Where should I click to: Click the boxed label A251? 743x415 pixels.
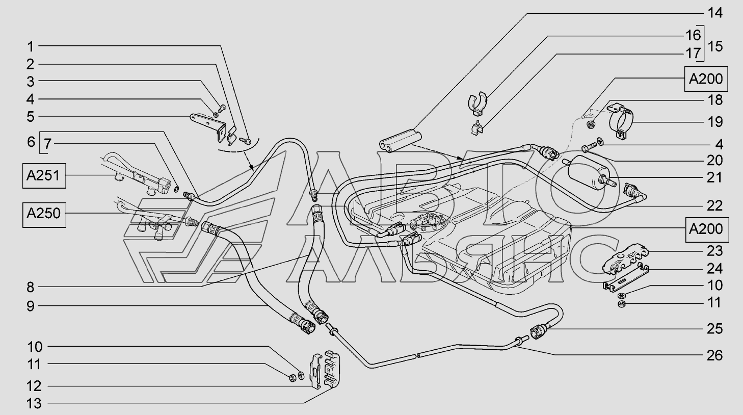(x=43, y=176)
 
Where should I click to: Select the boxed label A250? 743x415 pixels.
(x=43, y=214)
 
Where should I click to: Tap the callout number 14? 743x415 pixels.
(x=715, y=13)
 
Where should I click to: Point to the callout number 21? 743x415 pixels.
(x=715, y=177)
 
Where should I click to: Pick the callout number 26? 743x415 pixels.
(x=715, y=355)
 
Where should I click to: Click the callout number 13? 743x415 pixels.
(x=34, y=404)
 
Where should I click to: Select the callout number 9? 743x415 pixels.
(x=30, y=306)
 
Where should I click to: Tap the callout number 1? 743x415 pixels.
(x=30, y=46)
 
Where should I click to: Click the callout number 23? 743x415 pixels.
(x=715, y=251)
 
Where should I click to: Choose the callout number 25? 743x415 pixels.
(x=715, y=328)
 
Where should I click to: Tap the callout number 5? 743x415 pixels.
(x=30, y=117)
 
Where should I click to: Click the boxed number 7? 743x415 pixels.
(x=47, y=143)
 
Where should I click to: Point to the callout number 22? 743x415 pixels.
(x=715, y=205)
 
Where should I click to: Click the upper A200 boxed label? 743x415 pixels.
(x=706, y=80)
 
